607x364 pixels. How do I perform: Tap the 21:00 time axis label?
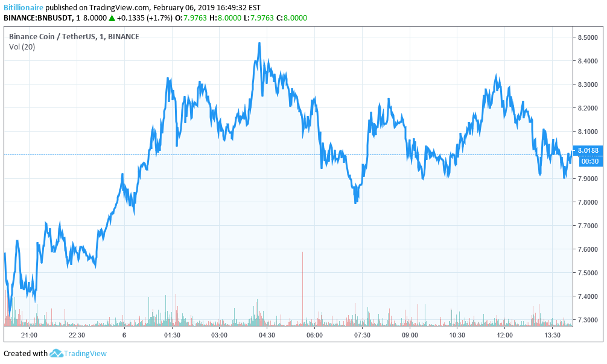[x=29, y=335]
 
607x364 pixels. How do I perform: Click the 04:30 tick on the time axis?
[x=267, y=335]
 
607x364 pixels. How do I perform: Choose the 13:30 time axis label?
[x=553, y=335]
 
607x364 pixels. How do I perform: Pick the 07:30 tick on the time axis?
[x=362, y=335]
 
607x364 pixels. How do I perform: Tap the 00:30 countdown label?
[x=589, y=161]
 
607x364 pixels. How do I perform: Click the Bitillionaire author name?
[x=23, y=8]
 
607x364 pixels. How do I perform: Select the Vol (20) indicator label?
[x=22, y=47]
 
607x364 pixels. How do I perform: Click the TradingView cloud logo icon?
[x=57, y=353]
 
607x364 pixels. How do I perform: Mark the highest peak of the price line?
[x=259, y=43]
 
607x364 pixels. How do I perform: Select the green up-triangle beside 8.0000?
[x=112, y=18]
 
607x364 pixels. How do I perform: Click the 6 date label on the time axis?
[x=124, y=335]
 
